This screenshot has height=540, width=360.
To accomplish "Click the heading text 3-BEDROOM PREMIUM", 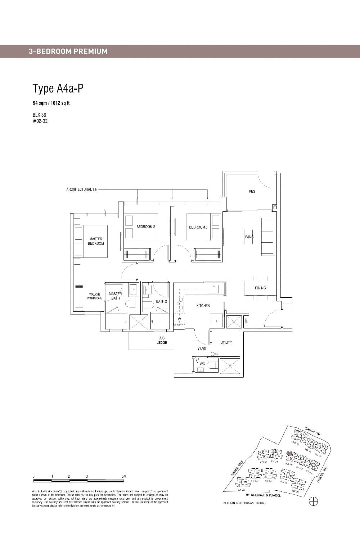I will pos(68,51).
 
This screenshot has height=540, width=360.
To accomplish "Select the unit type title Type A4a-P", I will pos(58,88).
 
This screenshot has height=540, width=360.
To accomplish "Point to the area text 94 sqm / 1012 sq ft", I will pos(51,103).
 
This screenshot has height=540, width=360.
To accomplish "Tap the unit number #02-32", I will pos(40,121).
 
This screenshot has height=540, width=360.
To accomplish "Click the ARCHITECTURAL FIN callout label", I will pos(82,189).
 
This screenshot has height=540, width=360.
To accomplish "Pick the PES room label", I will pos(252,191).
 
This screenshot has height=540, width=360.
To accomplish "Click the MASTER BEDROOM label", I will pos(96,241).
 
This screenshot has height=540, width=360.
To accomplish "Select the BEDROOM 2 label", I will pos(146,227).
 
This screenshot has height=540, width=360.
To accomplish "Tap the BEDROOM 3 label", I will pos(198,227).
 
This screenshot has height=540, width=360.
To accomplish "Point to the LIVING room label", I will pos(248,237).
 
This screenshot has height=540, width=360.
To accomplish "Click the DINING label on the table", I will pos(260,288).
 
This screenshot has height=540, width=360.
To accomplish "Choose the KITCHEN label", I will pos(203,306).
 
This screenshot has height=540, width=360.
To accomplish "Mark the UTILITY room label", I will pos(226,342).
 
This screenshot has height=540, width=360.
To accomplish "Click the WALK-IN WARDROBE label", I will pos(95,296).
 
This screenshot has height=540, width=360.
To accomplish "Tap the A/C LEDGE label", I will pos(162,340).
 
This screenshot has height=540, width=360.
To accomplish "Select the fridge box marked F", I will pos(217,320).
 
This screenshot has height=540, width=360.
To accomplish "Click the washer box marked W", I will pos(179,319).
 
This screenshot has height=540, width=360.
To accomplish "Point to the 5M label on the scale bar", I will pos(124,476).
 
